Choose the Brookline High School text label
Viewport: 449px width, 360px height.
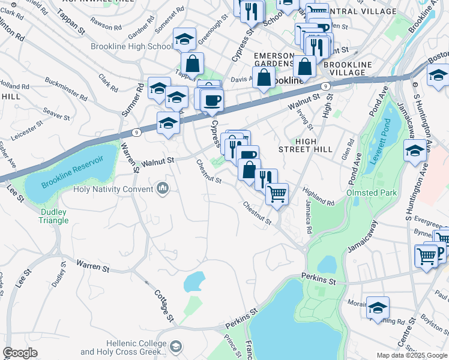pyautogui.click(x=131, y=47)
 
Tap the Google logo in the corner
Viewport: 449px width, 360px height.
pyautogui.click(x=20, y=353)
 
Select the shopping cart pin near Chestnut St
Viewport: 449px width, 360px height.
pyautogui.click(x=277, y=193)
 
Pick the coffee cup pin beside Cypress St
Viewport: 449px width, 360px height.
pyautogui.click(x=211, y=100)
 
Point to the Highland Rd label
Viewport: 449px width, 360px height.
pyautogui.click(x=318, y=196)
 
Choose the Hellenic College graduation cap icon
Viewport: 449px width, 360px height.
pyautogui.click(x=176, y=347)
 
